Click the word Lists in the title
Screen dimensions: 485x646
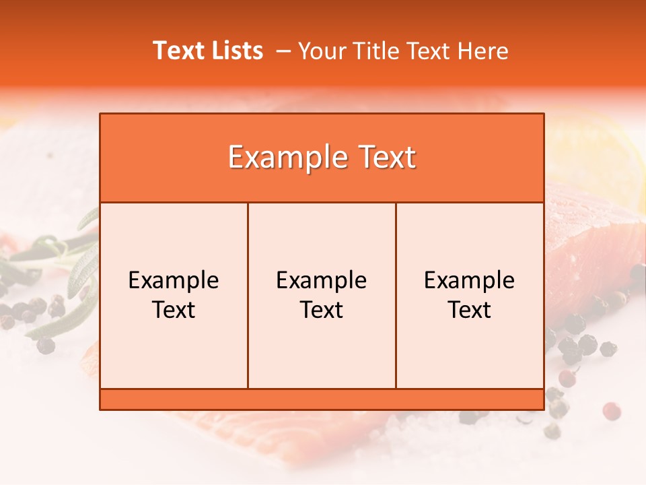[235, 51]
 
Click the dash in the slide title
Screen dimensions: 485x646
[283, 51]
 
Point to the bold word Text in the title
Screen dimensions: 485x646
[178, 51]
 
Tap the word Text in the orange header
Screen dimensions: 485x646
[385, 158]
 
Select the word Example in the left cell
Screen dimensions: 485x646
[174, 280]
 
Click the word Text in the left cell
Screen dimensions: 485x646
[174, 310]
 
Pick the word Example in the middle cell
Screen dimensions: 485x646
[322, 280]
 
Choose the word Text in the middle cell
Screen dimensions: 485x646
[322, 310]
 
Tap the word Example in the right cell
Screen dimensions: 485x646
[470, 280]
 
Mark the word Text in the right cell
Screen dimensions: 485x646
[470, 310]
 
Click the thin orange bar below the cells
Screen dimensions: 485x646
[322, 399]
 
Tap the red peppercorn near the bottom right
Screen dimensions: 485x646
[611, 410]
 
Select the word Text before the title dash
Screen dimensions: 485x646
[178, 51]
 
